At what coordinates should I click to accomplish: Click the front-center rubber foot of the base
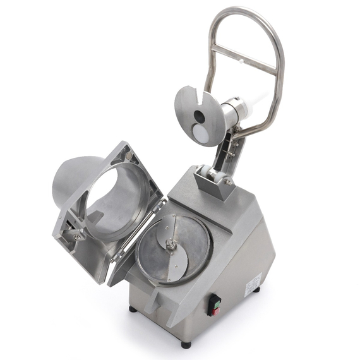(x=185, y=345)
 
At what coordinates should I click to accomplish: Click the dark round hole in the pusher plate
(x=198, y=117)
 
